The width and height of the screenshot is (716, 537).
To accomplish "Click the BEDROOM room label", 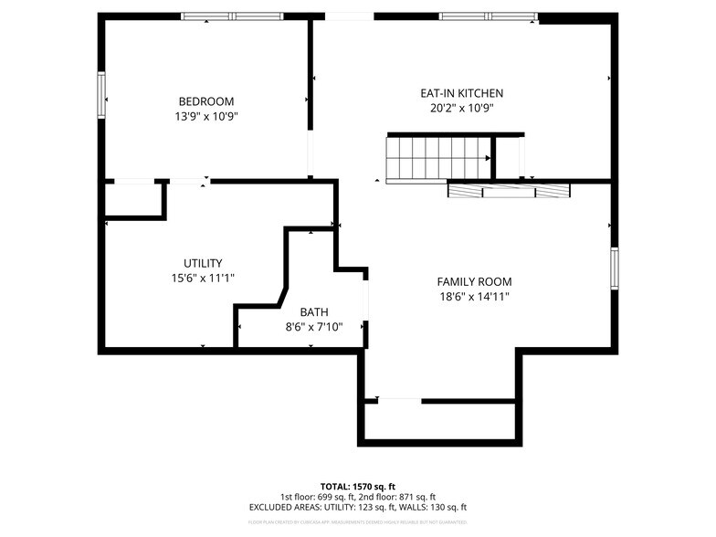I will (x=205, y=101).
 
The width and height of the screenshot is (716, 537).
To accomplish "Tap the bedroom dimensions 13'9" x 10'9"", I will (x=205, y=116).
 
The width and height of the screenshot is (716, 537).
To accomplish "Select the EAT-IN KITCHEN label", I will (x=461, y=93).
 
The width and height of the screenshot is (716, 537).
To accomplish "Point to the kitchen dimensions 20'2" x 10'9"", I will (x=461, y=108).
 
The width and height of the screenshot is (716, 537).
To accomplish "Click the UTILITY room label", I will (x=203, y=263).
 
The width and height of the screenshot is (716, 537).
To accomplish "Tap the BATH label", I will (x=313, y=311).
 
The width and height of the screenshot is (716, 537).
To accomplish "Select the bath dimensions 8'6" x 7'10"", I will (x=313, y=326).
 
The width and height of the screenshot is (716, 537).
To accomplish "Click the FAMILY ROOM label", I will (x=474, y=282).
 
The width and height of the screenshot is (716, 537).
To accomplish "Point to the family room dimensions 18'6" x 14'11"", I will (x=474, y=297).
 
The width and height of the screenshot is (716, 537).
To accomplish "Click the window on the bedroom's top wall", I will (x=232, y=16).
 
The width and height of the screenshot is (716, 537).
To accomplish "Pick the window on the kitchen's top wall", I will (x=489, y=16).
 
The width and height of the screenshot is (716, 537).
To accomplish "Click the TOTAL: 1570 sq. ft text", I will (x=357, y=486).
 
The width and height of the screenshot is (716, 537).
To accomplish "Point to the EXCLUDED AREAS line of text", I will (x=357, y=507).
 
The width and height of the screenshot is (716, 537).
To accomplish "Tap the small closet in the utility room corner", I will (x=134, y=199).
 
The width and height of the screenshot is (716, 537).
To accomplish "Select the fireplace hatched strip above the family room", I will (x=509, y=191).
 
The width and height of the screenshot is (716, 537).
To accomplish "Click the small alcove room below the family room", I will (x=440, y=421).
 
